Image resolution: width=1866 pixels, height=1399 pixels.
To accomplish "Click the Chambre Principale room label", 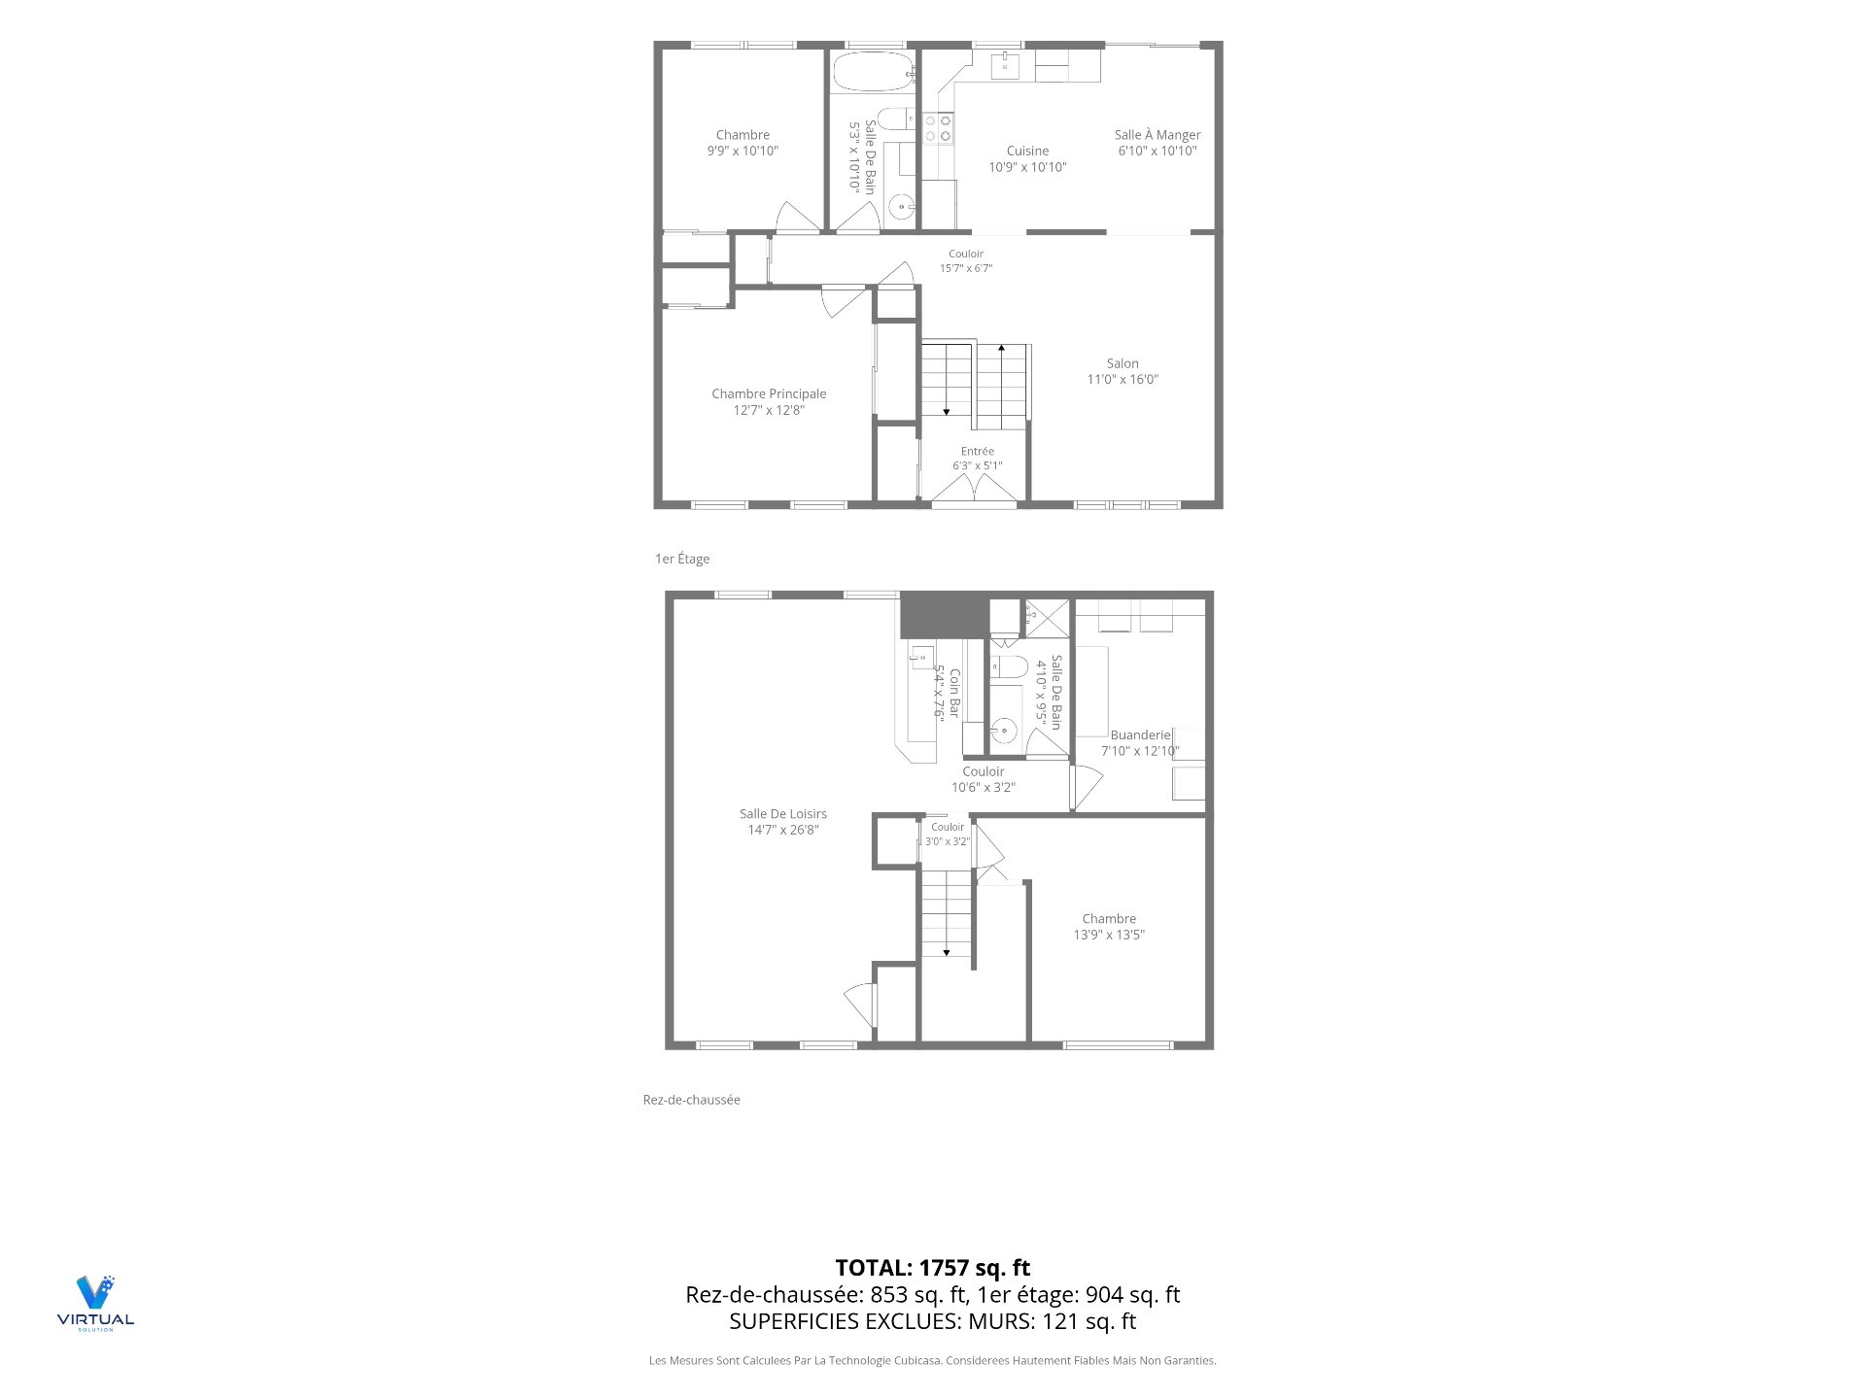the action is click(x=769, y=393).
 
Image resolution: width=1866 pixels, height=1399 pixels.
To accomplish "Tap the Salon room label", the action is click(x=1123, y=363).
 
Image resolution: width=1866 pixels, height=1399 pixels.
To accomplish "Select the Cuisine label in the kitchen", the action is click(x=1027, y=151).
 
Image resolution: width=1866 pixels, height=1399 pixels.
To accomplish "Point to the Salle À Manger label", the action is click(x=1158, y=135).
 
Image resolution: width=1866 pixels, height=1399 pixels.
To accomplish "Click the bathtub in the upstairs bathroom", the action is click(x=874, y=71).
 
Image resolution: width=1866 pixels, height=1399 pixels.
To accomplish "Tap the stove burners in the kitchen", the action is click(x=938, y=128).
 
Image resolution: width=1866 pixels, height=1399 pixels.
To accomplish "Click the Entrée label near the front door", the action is click(x=978, y=451).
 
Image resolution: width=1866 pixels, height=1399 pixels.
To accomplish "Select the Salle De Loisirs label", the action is click(x=783, y=814).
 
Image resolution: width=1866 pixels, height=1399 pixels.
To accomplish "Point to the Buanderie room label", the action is click(x=1141, y=735).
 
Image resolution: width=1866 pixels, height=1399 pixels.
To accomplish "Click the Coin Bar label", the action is click(x=954, y=694).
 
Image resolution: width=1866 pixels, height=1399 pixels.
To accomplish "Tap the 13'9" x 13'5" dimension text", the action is click(x=1109, y=935).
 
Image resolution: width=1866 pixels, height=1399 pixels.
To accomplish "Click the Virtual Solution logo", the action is click(x=95, y=1303).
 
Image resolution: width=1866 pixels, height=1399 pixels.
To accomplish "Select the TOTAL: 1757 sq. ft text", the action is click(x=933, y=1268).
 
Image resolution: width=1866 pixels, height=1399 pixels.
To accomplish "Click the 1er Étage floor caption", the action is click(x=682, y=559).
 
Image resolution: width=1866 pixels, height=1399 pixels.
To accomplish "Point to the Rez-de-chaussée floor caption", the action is click(x=692, y=1100).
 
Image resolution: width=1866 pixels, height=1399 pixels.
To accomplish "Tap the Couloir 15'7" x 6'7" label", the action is click(x=966, y=261).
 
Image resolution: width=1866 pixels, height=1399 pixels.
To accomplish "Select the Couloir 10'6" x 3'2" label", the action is click(x=984, y=779).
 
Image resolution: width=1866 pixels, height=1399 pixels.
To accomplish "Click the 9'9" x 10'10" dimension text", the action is click(x=743, y=151).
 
